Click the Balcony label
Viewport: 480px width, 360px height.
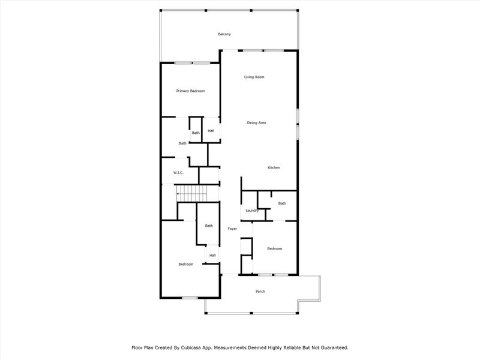click(x=224, y=34)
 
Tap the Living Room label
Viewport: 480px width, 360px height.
click(x=254, y=77)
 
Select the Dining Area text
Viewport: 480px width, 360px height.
click(x=256, y=123)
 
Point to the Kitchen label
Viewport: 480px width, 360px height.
click(x=274, y=168)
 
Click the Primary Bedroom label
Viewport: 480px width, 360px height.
click(x=190, y=91)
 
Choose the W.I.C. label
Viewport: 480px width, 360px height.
click(x=178, y=173)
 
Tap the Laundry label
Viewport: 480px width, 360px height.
click(x=252, y=211)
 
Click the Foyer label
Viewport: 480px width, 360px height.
click(x=232, y=229)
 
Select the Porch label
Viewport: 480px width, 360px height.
click(x=260, y=292)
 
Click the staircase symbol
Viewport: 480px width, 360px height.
click(x=191, y=194)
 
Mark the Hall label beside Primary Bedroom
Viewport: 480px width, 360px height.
click(x=211, y=131)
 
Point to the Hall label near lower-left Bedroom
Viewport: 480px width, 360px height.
click(x=212, y=255)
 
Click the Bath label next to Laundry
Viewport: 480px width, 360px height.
click(x=282, y=203)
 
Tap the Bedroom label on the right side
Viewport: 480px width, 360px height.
click(x=274, y=248)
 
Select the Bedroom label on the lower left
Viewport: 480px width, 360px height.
click(x=185, y=265)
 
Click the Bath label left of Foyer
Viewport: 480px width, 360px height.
click(x=209, y=226)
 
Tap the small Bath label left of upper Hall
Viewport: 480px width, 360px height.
click(x=196, y=133)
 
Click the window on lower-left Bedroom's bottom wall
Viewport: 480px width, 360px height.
click(x=190, y=298)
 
